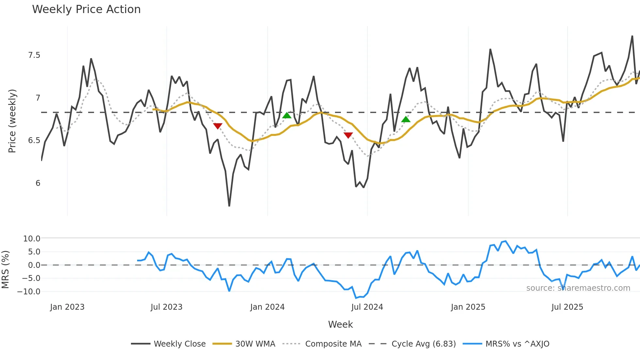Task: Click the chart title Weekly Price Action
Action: pyautogui.click(x=86, y=9)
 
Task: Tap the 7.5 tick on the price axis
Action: pyautogui.click(x=34, y=55)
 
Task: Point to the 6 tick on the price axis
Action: pyautogui.click(x=38, y=183)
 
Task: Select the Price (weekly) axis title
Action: pyautogui.click(x=12, y=121)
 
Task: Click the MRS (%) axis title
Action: pyautogui.click(x=5, y=270)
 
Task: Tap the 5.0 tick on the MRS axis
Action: pyautogui.click(x=34, y=252)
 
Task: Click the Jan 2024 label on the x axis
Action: pyautogui.click(x=267, y=307)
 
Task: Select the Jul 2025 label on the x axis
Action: pyautogui.click(x=567, y=307)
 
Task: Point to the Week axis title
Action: pyautogui.click(x=340, y=324)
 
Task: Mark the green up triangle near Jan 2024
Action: pyautogui.click(x=287, y=115)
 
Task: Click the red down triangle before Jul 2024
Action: pyautogui.click(x=348, y=135)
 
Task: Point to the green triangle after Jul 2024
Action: pyautogui.click(x=406, y=120)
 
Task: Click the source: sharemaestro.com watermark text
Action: pyautogui.click(x=578, y=288)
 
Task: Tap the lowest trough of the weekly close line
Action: pyautogui.click(x=229, y=206)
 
